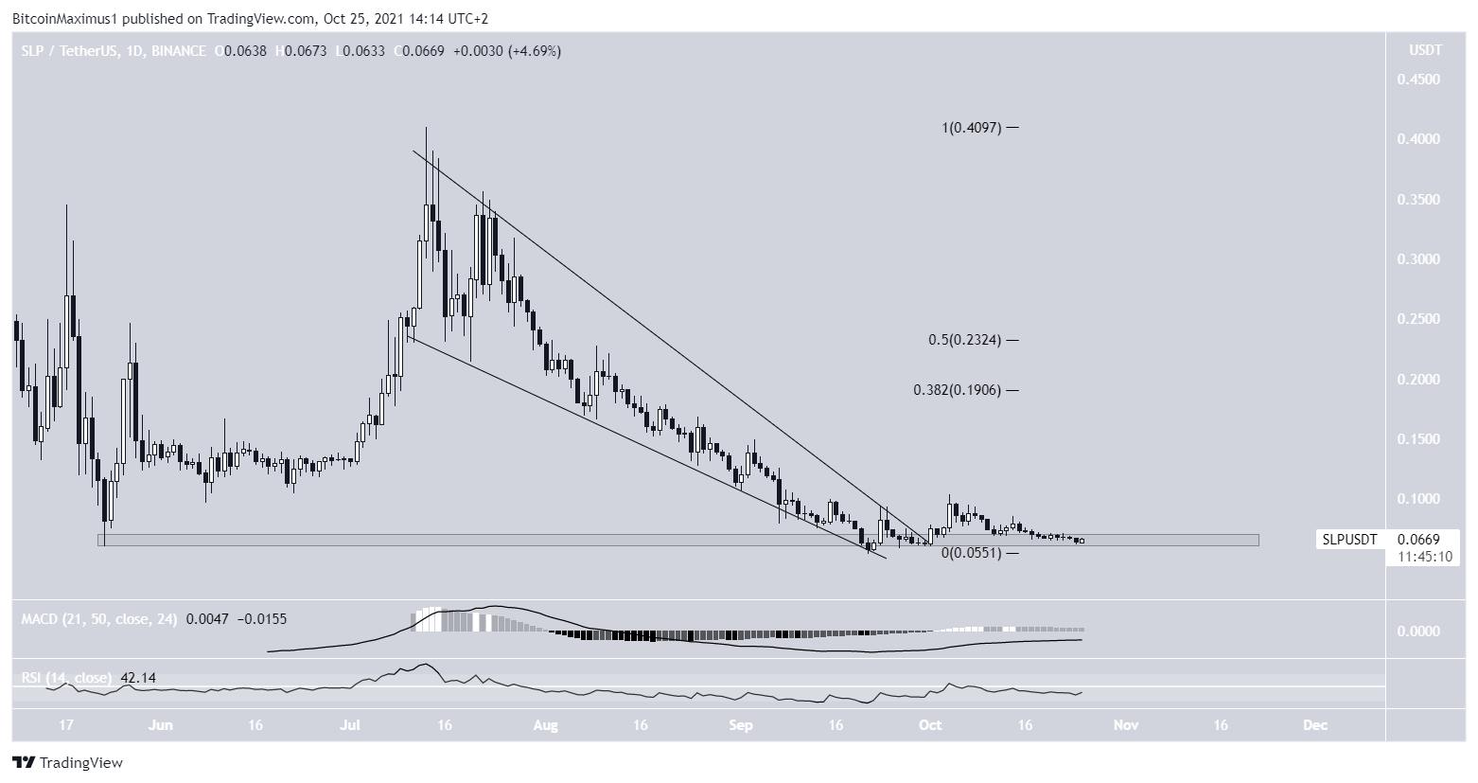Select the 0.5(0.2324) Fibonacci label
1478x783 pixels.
[x=965, y=340]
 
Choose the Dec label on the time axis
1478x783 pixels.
[x=1313, y=725]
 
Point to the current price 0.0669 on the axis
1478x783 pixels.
[x=1413, y=539]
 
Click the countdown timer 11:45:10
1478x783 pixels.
[x=1413, y=556]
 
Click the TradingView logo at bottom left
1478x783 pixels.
[x=67, y=762]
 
